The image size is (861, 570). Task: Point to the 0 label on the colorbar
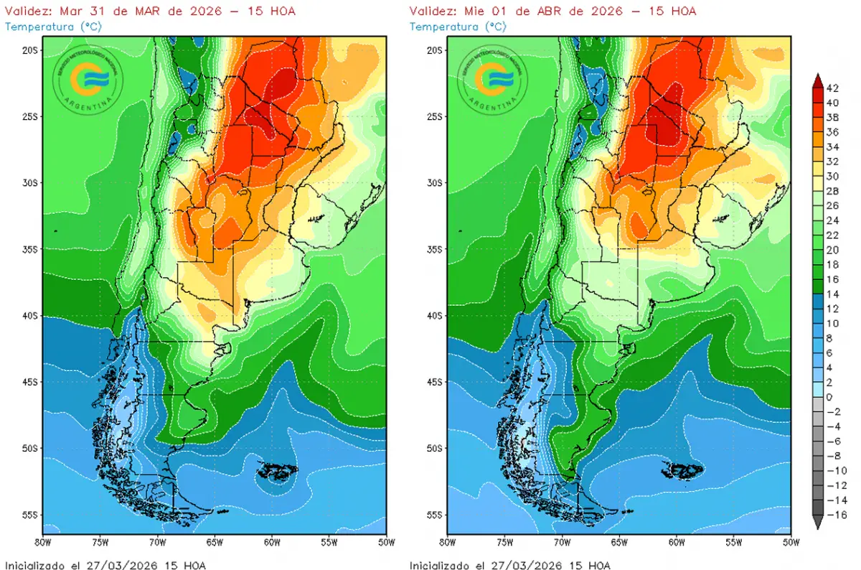tap(829, 397)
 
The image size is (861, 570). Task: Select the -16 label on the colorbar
tap(834, 515)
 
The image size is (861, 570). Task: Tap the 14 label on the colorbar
tap(832, 294)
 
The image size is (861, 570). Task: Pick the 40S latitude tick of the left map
tap(31, 316)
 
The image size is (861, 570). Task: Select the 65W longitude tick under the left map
tap(215, 541)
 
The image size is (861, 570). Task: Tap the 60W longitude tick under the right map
tap(676, 541)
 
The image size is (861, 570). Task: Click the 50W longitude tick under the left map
tap(386, 541)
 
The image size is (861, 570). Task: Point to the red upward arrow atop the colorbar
tap(818, 79)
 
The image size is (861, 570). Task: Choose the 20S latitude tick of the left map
tap(31, 50)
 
